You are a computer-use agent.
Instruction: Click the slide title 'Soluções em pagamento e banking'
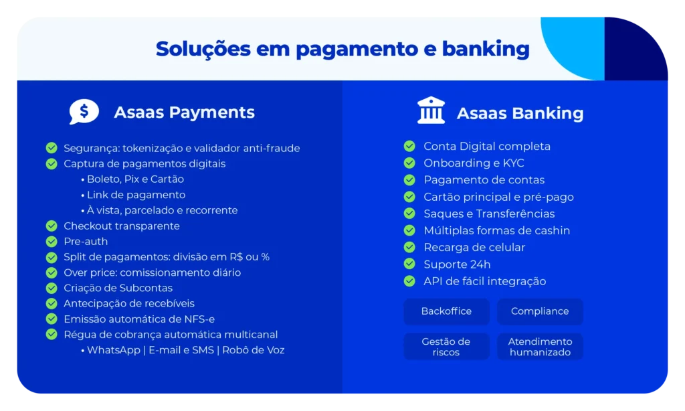point(342,49)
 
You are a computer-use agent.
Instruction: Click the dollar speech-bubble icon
point(84,112)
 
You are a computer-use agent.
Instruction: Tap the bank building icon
point(431,111)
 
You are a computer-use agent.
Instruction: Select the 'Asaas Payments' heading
point(184,112)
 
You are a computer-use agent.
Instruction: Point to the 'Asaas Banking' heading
point(520,114)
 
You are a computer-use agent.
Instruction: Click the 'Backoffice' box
point(446,311)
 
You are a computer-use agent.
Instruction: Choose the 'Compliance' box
point(540,311)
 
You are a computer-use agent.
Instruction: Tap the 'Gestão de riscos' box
point(446,347)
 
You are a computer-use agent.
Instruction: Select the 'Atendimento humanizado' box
point(540,347)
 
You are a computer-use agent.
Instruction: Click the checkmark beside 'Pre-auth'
point(52,242)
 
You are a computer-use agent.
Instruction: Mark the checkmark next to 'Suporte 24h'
point(409,264)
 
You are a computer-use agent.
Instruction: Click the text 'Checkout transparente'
point(122,226)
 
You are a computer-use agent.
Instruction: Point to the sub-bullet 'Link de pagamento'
point(136,195)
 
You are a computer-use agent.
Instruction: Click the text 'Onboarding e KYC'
point(474,163)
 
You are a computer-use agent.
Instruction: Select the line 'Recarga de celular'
point(474,248)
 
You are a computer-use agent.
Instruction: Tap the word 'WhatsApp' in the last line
point(113,350)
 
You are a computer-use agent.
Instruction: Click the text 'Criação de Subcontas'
point(118,288)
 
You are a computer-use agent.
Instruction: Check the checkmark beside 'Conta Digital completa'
point(409,147)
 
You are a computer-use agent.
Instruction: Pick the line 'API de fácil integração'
point(485,282)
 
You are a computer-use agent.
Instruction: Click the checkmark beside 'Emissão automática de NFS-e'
point(52,319)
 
